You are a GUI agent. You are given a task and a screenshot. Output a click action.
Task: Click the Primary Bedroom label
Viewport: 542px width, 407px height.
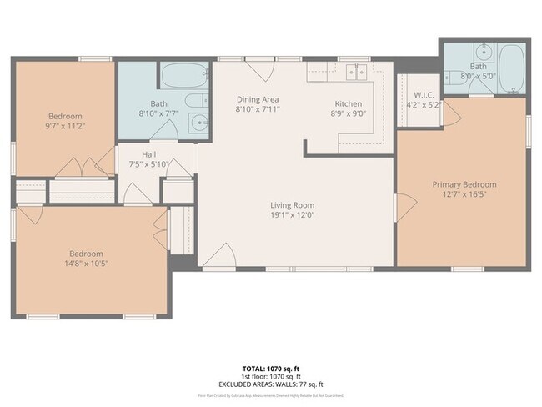coord(464,184)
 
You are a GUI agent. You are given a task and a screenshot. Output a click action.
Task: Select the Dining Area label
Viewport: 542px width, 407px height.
coord(258,98)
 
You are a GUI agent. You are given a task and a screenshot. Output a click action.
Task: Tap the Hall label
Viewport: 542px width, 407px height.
coord(149,154)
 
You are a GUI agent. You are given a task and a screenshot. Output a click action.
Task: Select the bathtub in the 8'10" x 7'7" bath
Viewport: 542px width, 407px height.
coord(183,77)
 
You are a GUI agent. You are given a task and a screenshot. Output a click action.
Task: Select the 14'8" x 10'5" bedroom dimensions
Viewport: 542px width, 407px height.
coord(86,264)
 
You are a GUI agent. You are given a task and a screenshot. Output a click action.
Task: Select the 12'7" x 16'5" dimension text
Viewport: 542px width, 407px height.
coord(464,195)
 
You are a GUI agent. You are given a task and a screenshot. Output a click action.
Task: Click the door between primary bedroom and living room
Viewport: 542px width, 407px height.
coord(404,204)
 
